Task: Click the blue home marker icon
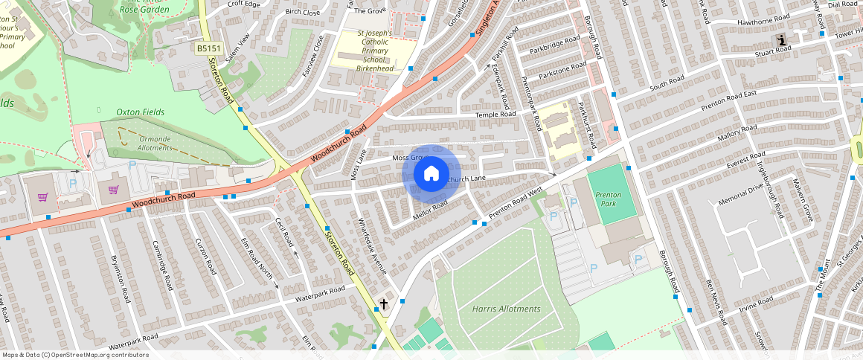pos(431,174)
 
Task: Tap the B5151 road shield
pos(208,48)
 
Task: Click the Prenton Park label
pos(608,199)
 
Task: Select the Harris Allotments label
pos(506,309)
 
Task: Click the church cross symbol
pos(384,304)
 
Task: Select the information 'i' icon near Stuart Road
pos(780,39)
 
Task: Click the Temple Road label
pos(496,115)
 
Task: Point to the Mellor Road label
pos(429,210)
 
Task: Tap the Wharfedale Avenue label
pos(373,246)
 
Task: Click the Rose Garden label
pos(145,10)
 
